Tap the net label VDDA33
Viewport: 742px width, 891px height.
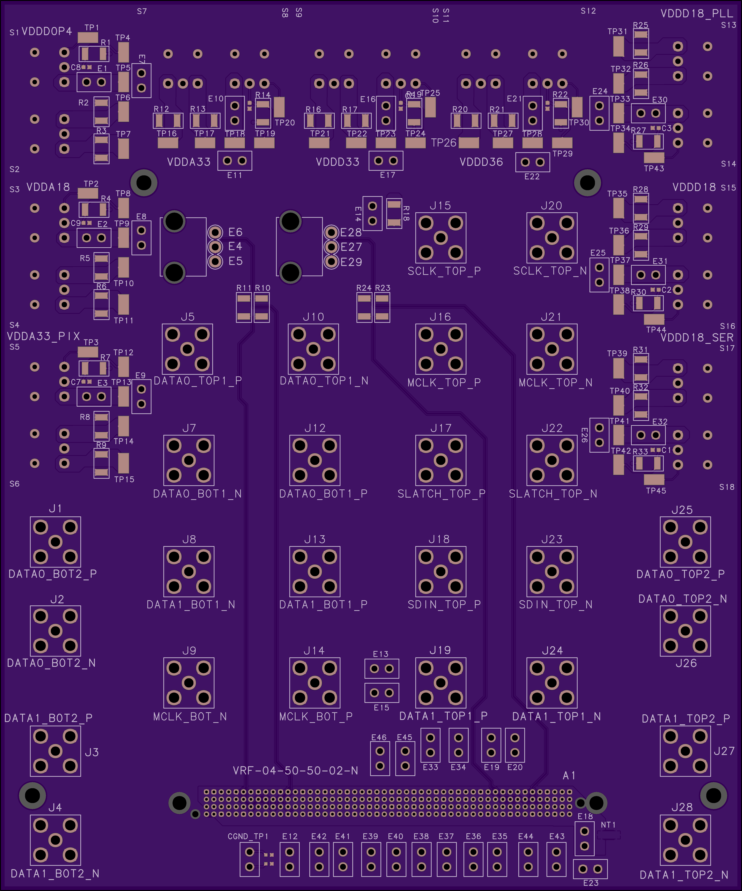tap(189, 162)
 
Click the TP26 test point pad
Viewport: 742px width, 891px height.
tap(469, 143)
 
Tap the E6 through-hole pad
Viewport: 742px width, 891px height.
tap(215, 232)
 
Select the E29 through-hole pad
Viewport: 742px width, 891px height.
tap(331, 262)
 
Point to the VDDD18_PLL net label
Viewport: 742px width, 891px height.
tap(697, 14)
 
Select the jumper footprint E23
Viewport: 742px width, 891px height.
tap(590, 869)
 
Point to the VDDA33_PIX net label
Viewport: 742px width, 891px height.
tap(43, 336)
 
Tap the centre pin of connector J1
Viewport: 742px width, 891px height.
tap(56, 542)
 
